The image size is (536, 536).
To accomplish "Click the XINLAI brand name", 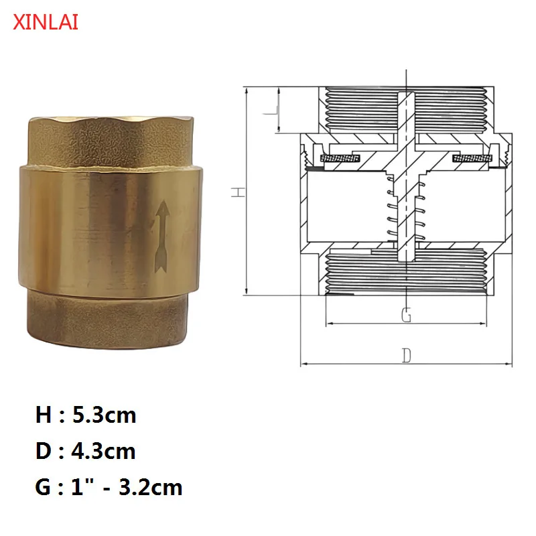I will [46, 23].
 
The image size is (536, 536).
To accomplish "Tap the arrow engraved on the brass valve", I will [161, 239].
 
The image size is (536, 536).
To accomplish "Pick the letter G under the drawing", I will [406, 314].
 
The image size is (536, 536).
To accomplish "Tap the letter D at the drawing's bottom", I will [406, 355].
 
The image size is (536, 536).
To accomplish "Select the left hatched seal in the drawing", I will [340, 159].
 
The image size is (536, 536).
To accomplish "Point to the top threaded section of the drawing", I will [406, 107].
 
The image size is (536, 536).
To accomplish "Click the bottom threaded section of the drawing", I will [406, 271].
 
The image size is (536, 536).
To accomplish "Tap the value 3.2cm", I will [150, 486].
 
